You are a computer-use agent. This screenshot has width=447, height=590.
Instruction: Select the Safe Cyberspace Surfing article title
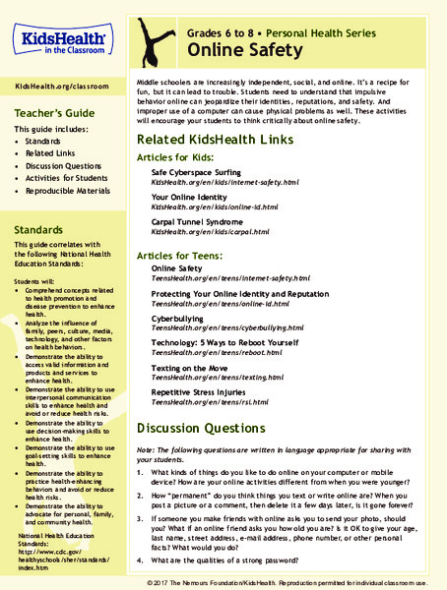coord(201,172)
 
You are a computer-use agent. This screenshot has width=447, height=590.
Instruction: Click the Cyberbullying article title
coord(179,319)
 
